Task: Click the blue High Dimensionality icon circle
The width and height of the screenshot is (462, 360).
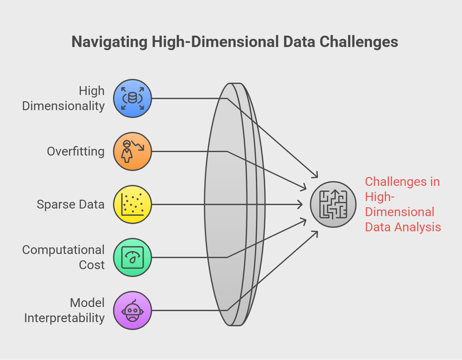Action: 133,98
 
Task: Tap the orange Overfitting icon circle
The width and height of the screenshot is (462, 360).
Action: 133,151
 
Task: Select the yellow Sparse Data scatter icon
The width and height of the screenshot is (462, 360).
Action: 133,204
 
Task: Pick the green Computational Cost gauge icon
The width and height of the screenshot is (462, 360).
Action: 133,257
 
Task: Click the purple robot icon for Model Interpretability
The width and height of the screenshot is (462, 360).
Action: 133,310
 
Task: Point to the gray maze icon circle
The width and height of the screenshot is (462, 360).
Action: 333,204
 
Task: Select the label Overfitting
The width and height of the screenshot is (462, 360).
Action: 76,152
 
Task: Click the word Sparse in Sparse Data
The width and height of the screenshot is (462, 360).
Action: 56,205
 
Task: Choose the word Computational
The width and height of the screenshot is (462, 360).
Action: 63,250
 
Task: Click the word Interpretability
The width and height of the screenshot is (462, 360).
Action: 64,318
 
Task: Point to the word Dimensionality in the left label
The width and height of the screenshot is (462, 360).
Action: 63,106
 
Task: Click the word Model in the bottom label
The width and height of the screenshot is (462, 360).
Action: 87,303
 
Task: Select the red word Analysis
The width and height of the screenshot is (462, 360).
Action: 418,227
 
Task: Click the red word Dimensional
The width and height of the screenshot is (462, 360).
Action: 400,212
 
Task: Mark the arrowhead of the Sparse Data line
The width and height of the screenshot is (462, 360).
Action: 300,204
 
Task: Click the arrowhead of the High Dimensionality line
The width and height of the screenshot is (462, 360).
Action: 315,175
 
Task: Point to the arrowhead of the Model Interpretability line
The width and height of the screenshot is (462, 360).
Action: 315,234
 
